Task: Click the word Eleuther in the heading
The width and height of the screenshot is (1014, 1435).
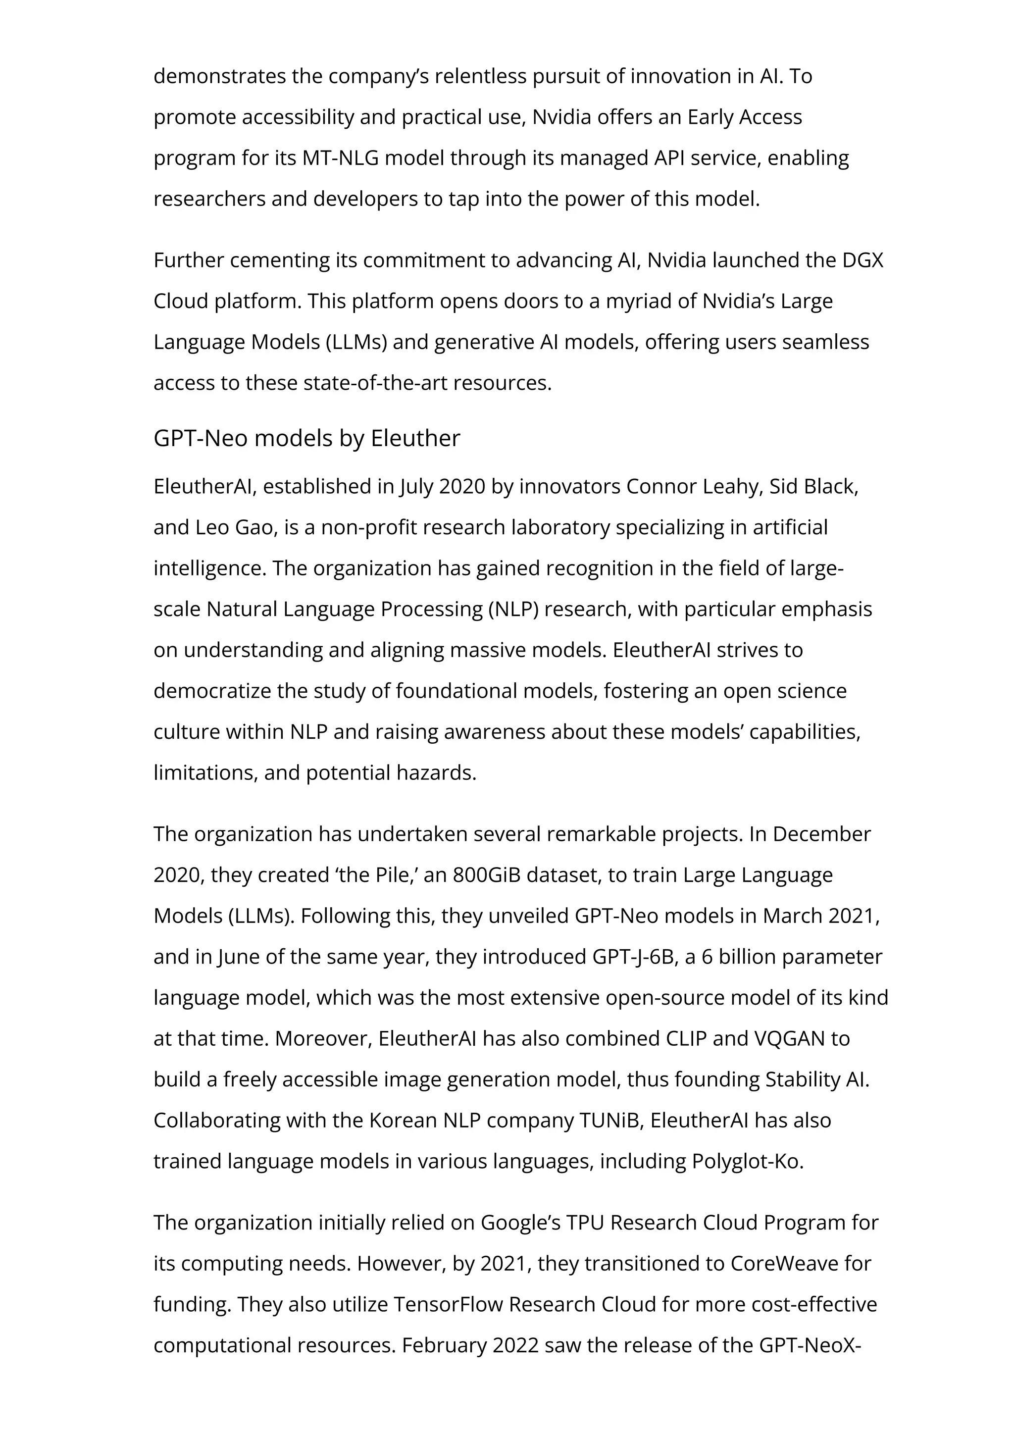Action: point(415,439)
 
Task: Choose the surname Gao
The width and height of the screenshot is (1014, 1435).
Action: point(255,527)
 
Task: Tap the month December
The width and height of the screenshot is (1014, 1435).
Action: point(821,834)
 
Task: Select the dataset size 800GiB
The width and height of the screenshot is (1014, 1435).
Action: point(487,875)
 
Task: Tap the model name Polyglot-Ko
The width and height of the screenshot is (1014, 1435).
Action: point(747,1161)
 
